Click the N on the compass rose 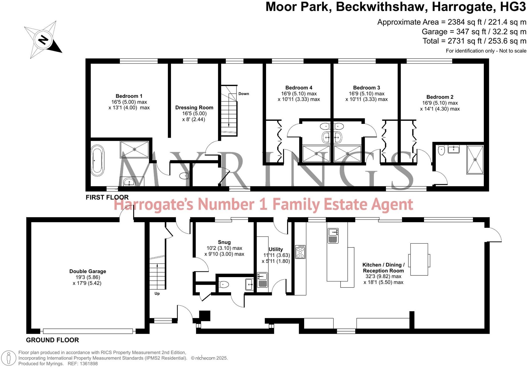(x=43, y=40)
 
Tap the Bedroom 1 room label (x=129, y=96)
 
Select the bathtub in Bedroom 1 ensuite (x=97, y=161)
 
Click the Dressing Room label (x=194, y=108)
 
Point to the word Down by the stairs (x=244, y=94)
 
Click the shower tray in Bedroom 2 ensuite (x=475, y=160)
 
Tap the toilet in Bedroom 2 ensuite (x=441, y=150)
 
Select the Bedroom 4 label (x=298, y=88)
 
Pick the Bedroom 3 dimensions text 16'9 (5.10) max (x=366, y=94)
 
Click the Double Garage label (x=88, y=271)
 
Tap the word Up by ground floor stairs (x=157, y=293)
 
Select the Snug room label (x=224, y=242)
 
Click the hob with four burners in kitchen (x=300, y=252)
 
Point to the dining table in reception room (x=419, y=259)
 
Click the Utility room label (x=276, y=249)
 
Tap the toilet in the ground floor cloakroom (x=224, y=285)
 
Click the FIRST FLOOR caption (x=107, y=197)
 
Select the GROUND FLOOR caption (x=52, y=340)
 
